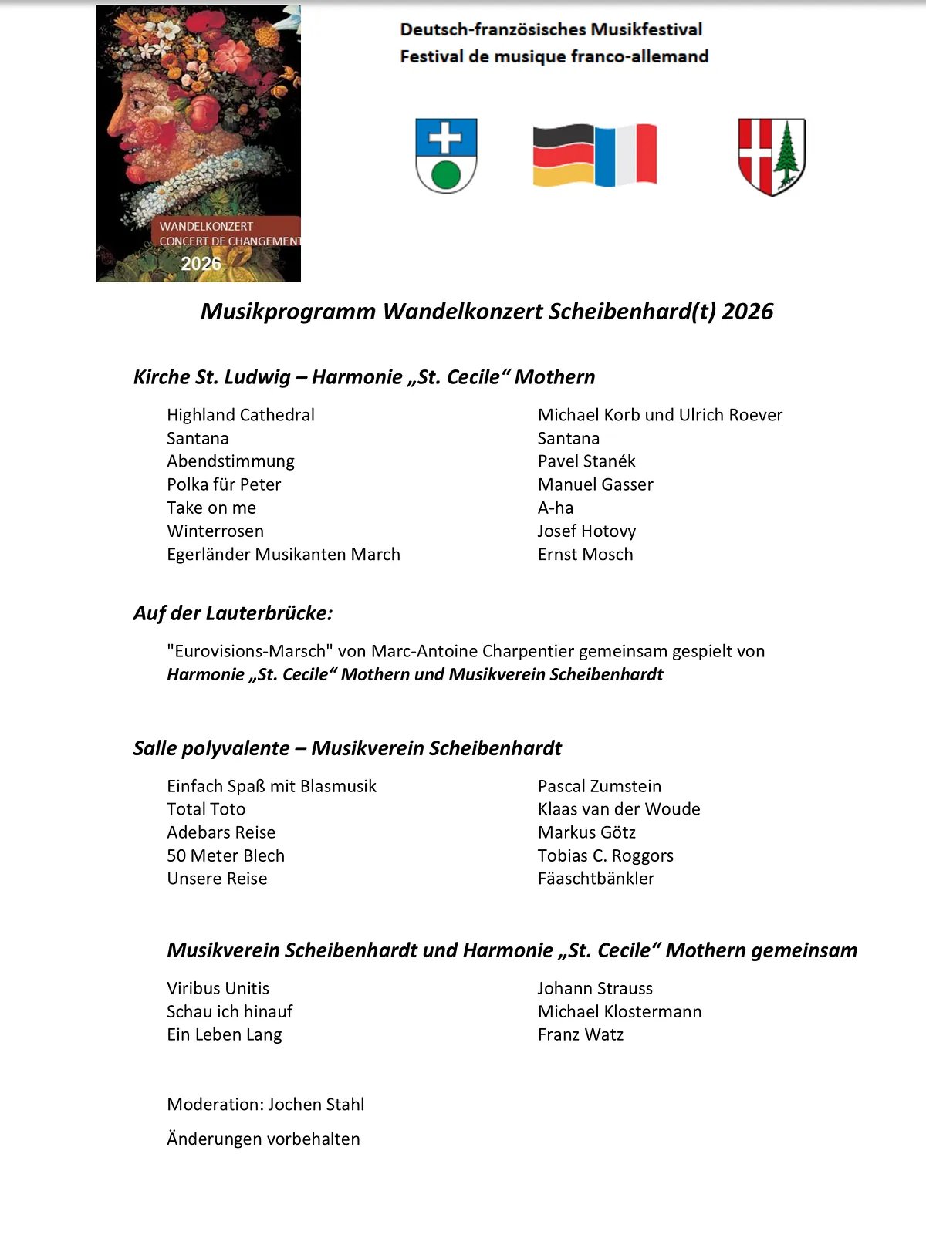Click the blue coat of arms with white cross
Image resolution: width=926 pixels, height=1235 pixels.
click(446, 154)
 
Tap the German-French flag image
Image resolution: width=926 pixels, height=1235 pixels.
click(594, 155)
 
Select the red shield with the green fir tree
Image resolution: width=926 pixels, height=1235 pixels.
click(772, 156)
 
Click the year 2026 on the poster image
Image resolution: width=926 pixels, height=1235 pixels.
click(201, 264)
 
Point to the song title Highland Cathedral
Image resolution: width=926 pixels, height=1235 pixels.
click(241, 415)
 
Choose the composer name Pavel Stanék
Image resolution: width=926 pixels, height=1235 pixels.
click(586, 461)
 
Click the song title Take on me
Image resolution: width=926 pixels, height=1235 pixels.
click(211, 508)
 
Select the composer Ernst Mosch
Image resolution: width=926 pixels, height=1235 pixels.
click(585, 555)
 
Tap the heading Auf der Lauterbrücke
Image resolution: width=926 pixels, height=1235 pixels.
click(233, 613)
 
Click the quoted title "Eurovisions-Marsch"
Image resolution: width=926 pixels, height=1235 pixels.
click(250, 651)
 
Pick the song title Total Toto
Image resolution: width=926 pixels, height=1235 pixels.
click(206, 809)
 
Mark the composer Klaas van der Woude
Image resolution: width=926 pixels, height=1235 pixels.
click(619, 809)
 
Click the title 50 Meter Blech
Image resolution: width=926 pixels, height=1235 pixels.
click(225, 855)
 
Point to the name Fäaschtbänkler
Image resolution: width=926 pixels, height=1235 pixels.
click(596, 879)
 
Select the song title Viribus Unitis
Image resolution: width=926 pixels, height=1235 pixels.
click(218, 988)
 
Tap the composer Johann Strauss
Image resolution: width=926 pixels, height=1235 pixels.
click(595, 988)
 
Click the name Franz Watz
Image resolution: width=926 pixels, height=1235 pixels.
click(580, 1034)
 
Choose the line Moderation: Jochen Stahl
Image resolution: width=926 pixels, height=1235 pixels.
click(265, 1105)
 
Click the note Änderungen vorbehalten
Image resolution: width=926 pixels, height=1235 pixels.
click(263, 1139)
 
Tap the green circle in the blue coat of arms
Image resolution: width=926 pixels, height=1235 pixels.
click(446, 175)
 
